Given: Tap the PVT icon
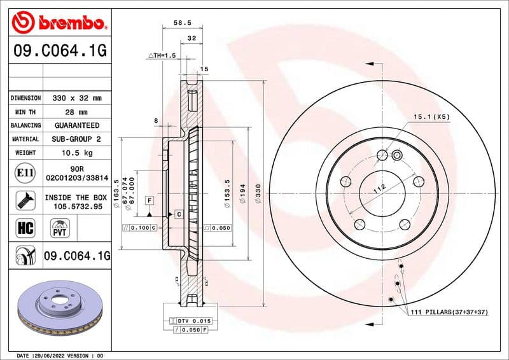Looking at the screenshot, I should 60,228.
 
